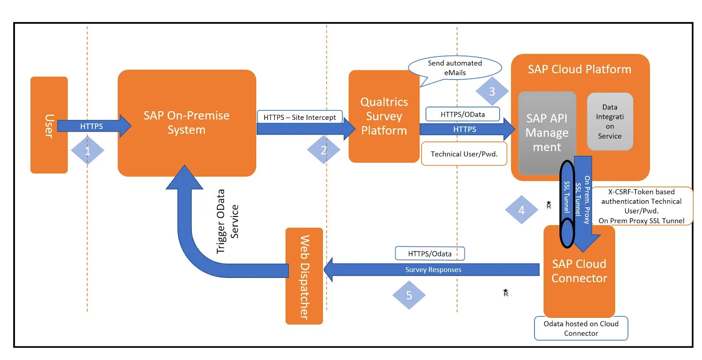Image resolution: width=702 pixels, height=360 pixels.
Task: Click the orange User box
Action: (49, 125)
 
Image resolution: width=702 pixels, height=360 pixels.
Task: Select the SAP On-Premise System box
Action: (186, 123)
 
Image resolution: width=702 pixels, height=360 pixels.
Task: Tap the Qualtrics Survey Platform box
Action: (383, 116)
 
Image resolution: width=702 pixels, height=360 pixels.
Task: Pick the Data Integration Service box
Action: (609, 122)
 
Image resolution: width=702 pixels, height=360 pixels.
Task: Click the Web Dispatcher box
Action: (304, 276)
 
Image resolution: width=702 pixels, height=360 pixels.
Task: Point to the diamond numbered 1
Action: (87, 151)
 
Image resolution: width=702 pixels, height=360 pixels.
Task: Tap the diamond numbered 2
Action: (324, 150)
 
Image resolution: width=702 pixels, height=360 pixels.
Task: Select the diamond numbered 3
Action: (492, 91)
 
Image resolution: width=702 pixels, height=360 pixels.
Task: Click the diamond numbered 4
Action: (521, 210)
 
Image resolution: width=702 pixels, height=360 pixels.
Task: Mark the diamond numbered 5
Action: (409, 295)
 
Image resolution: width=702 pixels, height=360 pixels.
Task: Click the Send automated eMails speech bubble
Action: (455, 68)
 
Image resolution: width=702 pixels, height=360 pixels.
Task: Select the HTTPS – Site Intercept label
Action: (300, 117)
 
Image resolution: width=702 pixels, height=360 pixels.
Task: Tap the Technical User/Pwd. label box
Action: (464, 154)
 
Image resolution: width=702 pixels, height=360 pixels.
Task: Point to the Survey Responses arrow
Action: (433, 270)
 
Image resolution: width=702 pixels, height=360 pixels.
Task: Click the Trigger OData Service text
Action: (227, 221)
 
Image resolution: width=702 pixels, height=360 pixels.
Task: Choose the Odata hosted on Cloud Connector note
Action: (581, 328)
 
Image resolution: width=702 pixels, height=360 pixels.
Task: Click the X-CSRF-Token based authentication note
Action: (641, 206)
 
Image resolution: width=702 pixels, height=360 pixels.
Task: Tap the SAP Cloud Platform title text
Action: (579, 69)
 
